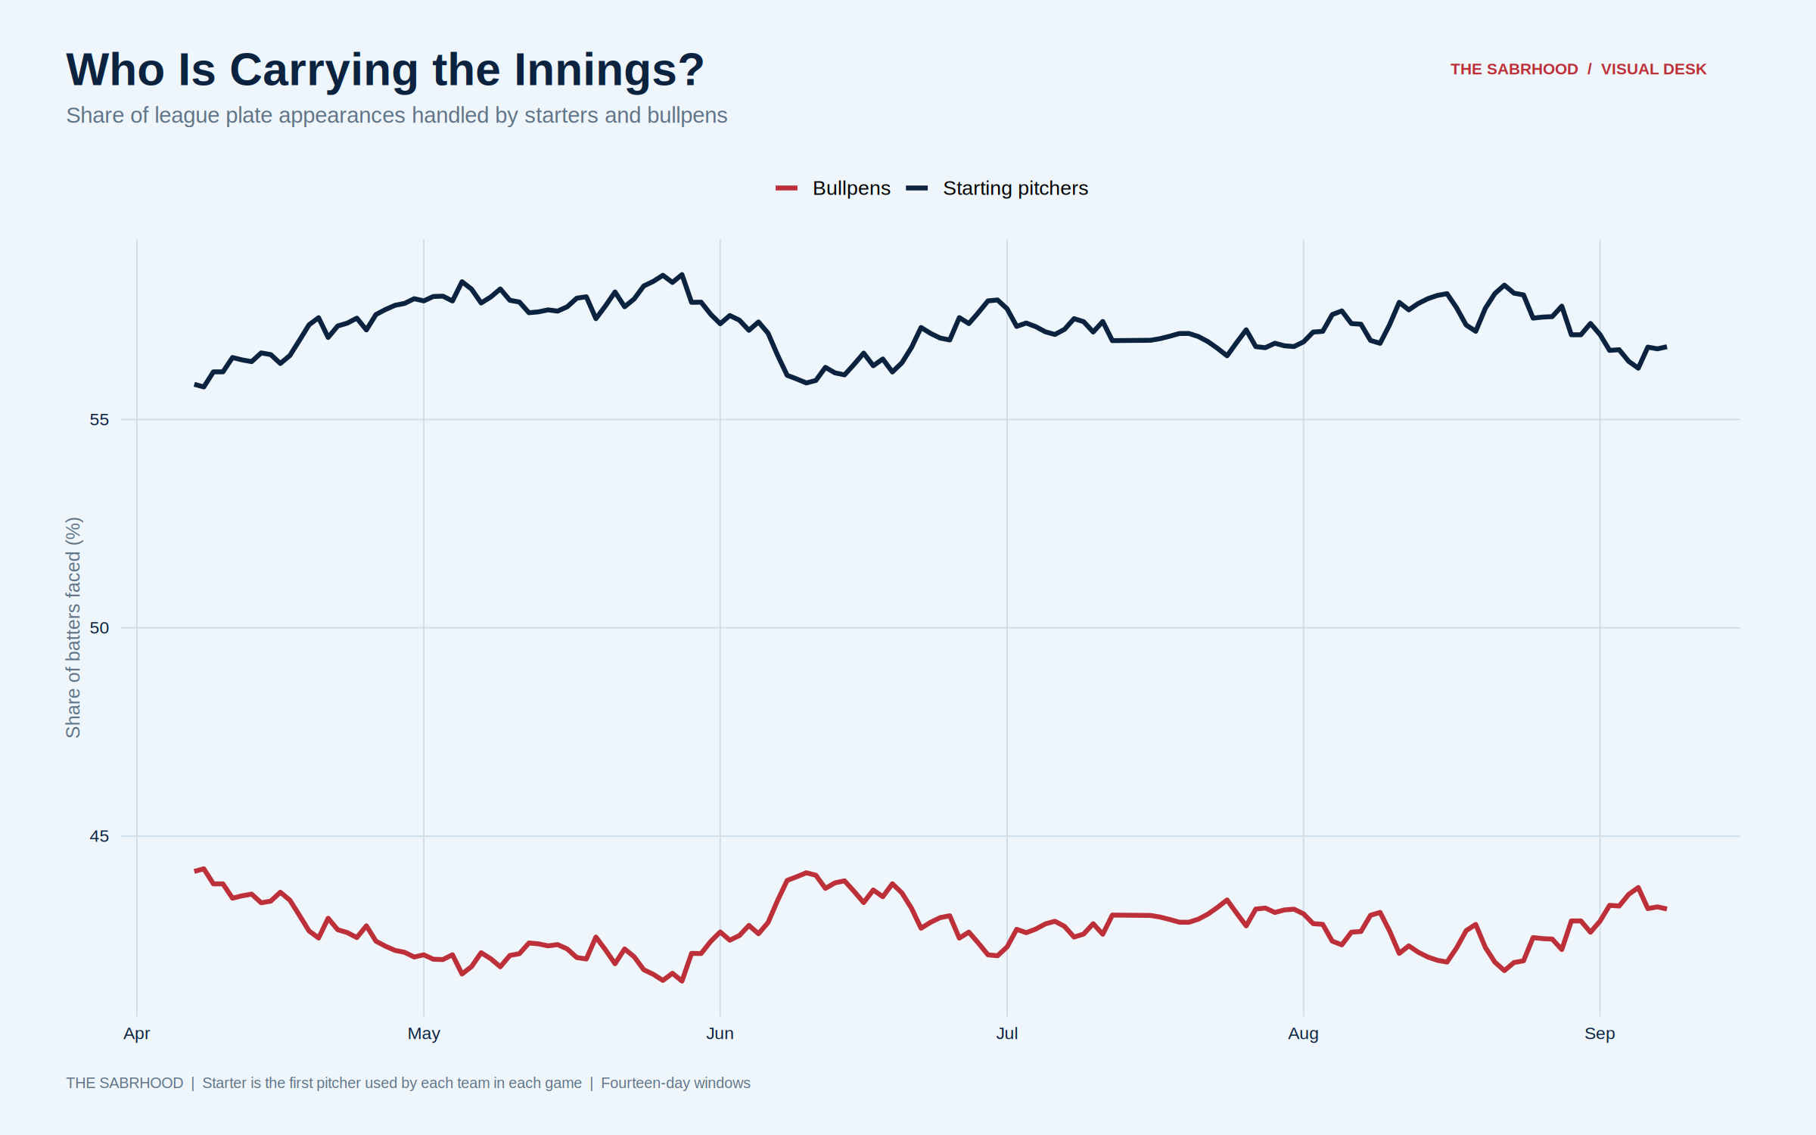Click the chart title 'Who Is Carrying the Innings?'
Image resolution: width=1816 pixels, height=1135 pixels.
click(x=385, y=70)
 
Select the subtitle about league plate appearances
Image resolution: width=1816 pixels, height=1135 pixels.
click(x=396, y=115)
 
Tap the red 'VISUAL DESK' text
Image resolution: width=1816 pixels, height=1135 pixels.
click(x=1653, y=69)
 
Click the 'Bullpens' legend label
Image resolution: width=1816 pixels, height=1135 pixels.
click(x=851, y=188)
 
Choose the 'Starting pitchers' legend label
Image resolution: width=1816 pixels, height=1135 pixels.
click(x=1015, y=188)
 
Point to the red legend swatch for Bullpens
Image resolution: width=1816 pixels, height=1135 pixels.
click(x=786, y=188)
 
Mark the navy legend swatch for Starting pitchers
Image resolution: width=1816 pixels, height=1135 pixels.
click(x=916, y=188)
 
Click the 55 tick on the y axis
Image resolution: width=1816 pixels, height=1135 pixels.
click(x=99, y=419)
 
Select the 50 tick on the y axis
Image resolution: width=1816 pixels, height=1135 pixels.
click(x=99, y=628)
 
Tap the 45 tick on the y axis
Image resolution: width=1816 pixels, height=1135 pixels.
click(x=99, y=836)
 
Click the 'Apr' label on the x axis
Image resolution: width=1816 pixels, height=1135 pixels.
click(x=137, y=1034)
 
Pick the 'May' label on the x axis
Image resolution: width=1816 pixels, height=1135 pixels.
click(x=424, y=1034)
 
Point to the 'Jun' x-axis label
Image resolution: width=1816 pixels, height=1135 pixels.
click(x=720, y=1034)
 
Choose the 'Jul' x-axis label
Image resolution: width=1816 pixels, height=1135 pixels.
click(x=1007, y=1034)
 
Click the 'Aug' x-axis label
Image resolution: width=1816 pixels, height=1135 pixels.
click(x=1304, y=1034)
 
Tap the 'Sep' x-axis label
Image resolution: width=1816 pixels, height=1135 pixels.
click(x=1600, y=1034)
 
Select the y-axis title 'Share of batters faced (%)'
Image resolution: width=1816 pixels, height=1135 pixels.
click(x=73, y=628)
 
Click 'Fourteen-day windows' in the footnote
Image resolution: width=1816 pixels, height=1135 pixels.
click(x=676, y=1083)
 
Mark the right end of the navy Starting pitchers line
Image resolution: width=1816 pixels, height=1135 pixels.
click(x=1666, y=347)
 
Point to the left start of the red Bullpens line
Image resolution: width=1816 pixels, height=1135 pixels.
click(x=195, y=871)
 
